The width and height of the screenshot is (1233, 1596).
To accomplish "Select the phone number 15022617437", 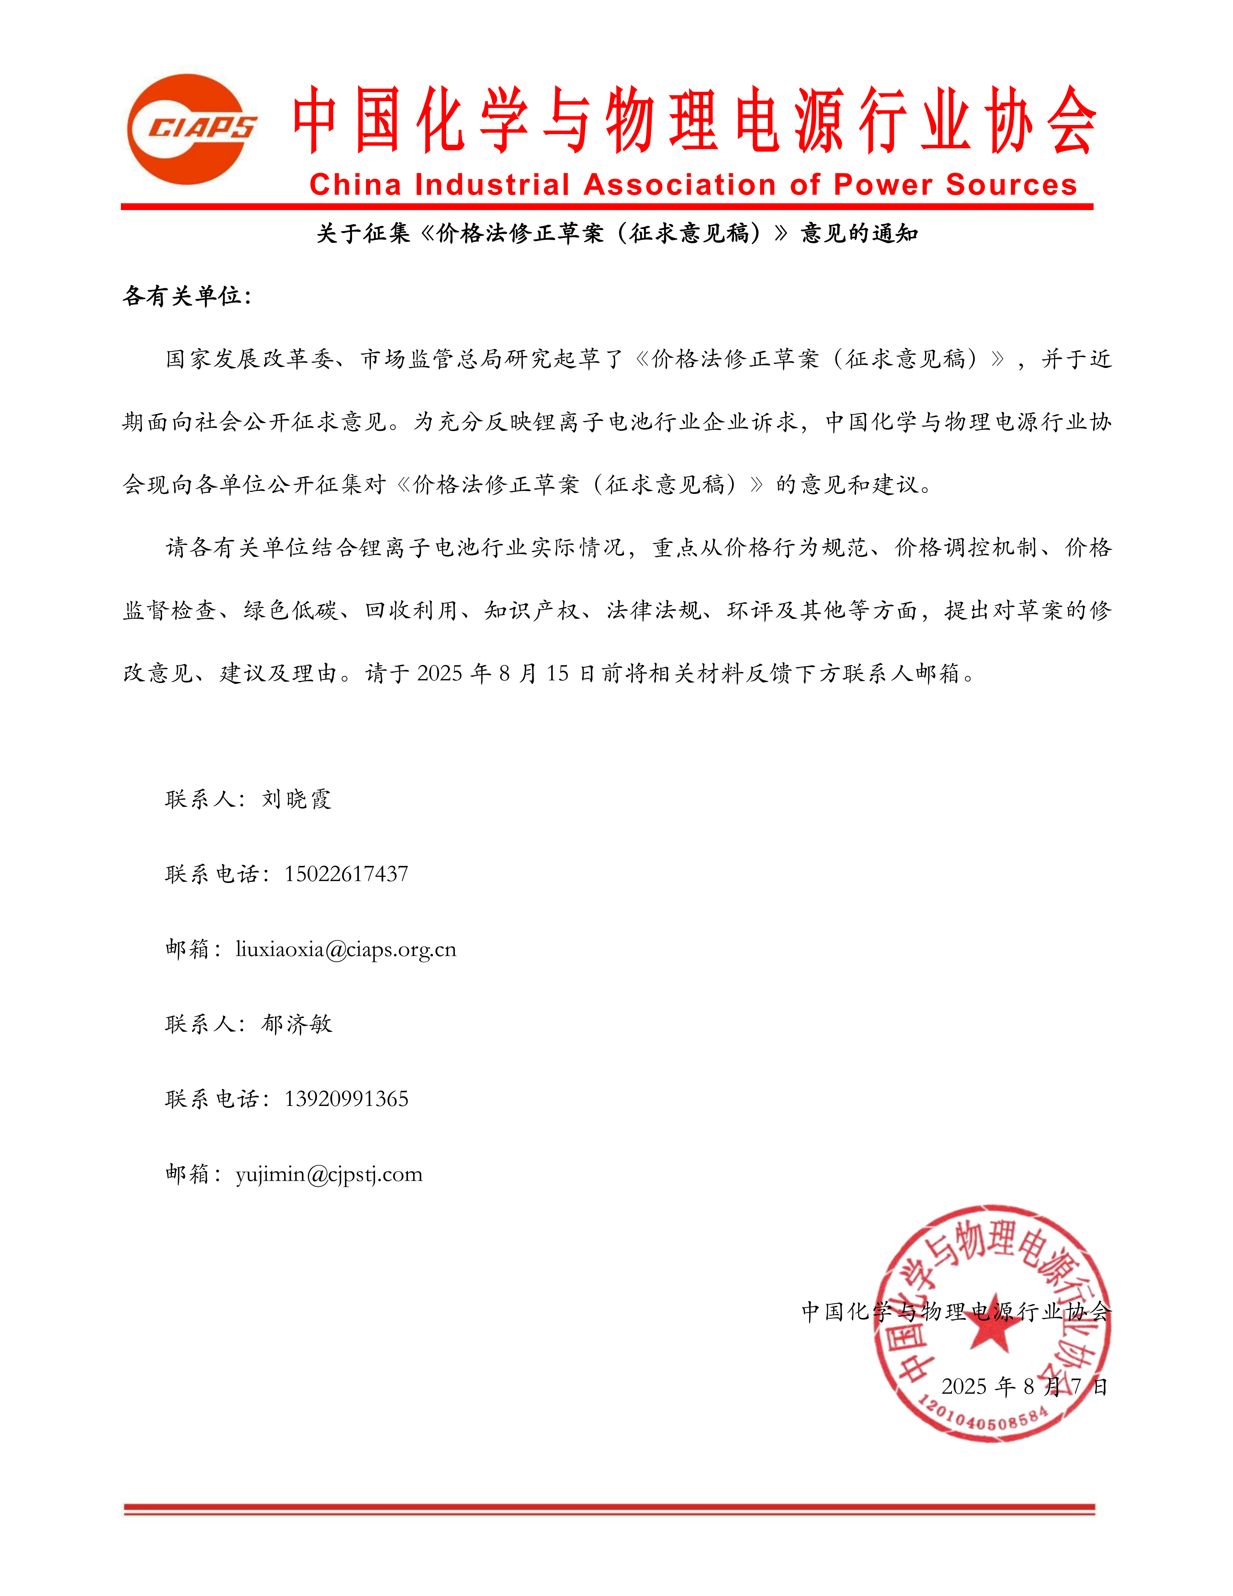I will coord(346,874).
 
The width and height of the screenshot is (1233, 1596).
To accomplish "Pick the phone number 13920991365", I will coord(346,1099).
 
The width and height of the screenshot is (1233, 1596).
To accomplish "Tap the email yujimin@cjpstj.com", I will coord(329,1174).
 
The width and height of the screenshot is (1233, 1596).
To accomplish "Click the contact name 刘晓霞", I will coord(297,799).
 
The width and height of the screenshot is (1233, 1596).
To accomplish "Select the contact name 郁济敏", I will coord(297,1024).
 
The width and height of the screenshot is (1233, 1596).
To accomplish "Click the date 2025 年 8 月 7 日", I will coord(1024,1386).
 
